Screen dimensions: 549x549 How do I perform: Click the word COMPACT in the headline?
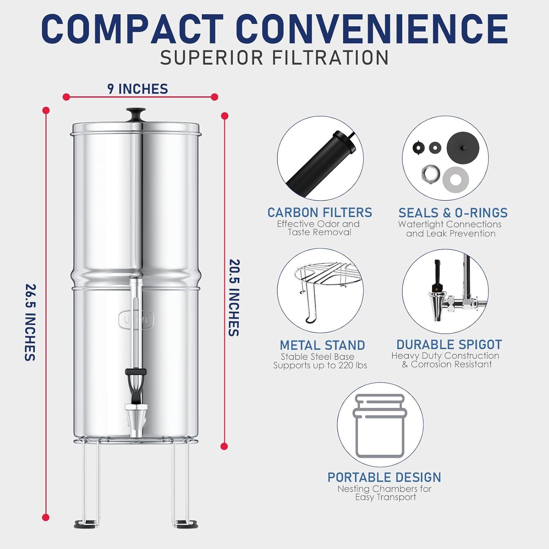(x=132, y=29)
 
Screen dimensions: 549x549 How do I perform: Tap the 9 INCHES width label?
(x=138, y=89)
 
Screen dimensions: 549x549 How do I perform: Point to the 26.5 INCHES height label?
(x=30, y=322)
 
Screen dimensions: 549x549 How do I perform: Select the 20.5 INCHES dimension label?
(x=234, y=298)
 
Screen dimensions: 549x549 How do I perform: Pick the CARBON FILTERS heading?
(x=320, y=213)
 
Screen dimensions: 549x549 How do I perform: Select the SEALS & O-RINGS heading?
(x=453, y=213)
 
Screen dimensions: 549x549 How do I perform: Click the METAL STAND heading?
(x=322, y=345)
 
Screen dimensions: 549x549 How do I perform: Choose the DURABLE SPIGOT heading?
(x=449, y=344)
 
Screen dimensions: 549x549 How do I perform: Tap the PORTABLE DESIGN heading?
(x=384, y=477)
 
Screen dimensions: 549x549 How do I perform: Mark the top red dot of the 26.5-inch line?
(x=46, y=110)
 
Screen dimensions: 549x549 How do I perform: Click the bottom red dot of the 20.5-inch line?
(x=224, y=446)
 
